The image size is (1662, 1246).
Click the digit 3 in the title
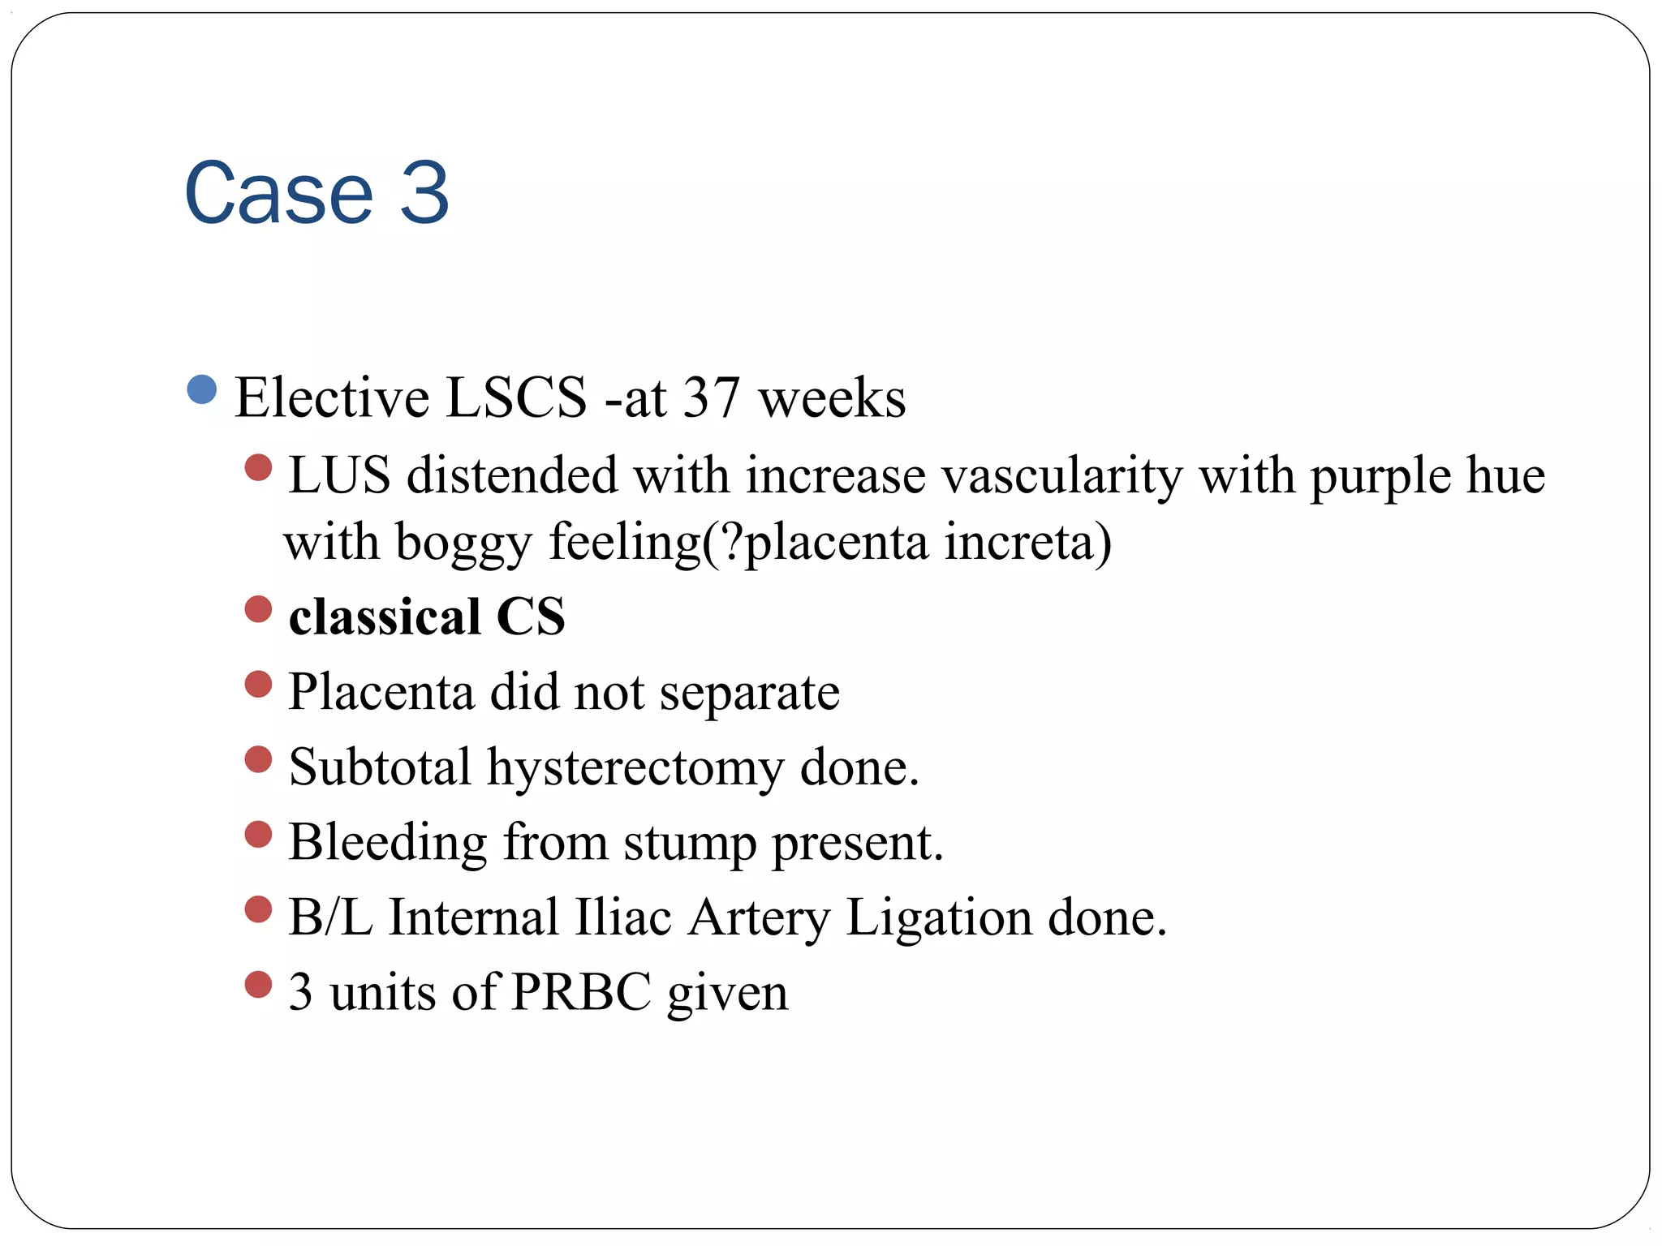pos(424,193)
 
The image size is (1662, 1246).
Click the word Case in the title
pos(278,193)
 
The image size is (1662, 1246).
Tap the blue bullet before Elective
pos(201,389)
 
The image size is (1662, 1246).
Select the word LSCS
pos(516,397)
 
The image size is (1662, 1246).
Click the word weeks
pos(832,397)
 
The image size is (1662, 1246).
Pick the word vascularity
pos(1061,475)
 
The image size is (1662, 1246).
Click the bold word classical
pos(385,617)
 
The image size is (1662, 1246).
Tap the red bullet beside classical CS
pos(258,609)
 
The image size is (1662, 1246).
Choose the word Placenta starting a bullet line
pos(381,692)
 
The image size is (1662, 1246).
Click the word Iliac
pos(623,917)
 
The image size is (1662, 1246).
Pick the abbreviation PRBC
pos(582,992)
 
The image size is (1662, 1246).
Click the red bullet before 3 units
pos(258,985)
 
